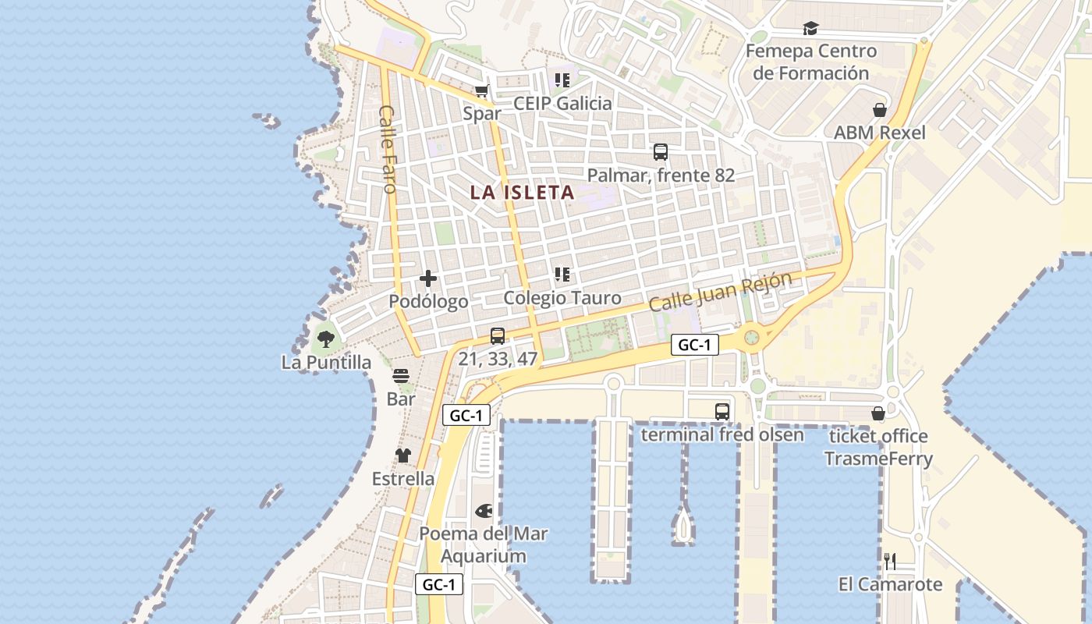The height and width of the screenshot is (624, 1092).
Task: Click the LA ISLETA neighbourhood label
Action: pyautogui.click(x=522, y=193)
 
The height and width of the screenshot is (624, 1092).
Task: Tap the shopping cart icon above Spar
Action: pyautogui.click(x=482, y=90)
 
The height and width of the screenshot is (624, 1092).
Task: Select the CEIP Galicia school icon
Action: pyautogui.click(x=562, y=80)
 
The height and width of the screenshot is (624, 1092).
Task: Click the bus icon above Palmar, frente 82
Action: pyautogui.click(x=661, y=152)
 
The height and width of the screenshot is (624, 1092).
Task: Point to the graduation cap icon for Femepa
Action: pyautogui.click(x=810, y=29)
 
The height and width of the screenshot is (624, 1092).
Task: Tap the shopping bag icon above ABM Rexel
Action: pyautogui.click(x=880, y=110)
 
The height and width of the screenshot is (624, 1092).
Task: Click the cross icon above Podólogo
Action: pyautogui.click(x=428, y=278)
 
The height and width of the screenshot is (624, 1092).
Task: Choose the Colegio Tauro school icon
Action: pyautogui.click(x=562, y=275)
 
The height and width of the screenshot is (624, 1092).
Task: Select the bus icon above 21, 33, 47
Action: pyautogui.click(x=498, y=336)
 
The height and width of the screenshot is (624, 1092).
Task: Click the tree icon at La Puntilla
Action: pyautogui.click(x=326, y=339)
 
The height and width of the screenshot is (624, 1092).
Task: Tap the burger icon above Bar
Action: pyautogui.click(x=401, y=377)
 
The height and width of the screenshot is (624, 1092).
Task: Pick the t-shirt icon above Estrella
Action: pyautogui.click(x=402, y=456)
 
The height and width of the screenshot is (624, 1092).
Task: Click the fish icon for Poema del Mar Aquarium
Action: pyautogui.click(x=484, y=511)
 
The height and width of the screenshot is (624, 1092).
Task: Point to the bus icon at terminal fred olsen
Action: pyautogui.click(x=722, y=411)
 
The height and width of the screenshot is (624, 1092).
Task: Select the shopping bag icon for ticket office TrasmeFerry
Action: pyautogui.click(x=878, y=413)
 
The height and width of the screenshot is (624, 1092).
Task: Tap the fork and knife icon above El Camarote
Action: pyautogui.click(x=890, y=561)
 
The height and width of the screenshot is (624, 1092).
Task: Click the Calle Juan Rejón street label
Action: pyautogui.click(x=720, y=292)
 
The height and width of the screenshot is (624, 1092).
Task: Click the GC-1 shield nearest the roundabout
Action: pyautogui.click(x=694, y=345)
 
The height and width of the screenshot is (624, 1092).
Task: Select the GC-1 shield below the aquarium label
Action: pyautogui.click(x=439, y=584)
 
